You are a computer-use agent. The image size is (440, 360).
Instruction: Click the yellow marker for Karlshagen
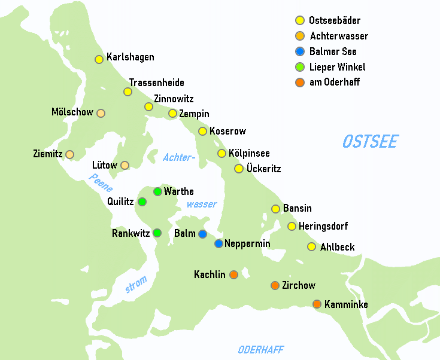(x=99, y=59)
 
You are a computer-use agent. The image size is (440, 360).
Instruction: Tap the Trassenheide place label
(x=156, y=83)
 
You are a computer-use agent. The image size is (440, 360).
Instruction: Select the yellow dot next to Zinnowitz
(x=149, y=106)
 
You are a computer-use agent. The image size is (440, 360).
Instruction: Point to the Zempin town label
(x=194, y=114)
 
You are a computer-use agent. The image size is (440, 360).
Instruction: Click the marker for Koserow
(x=202, y=131)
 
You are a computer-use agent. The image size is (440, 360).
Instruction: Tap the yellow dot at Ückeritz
(x=239, y=169)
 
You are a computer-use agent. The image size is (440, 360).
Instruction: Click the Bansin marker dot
(x=276, y=209)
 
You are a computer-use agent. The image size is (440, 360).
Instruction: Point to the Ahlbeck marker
(x=311, y=246)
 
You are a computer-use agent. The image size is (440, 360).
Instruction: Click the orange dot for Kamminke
(x=317, y=304)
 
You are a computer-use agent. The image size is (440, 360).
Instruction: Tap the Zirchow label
(x=298, y=286)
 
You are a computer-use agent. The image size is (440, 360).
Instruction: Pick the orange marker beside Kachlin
(x=233, y=274)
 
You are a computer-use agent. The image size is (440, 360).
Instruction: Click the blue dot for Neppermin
(x=219, y=243)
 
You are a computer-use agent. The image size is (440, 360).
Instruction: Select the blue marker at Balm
(x=203, y=234)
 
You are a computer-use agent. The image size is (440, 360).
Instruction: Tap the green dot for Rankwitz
(x=157, y=233)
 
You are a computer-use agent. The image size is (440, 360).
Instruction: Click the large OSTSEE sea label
(x=370, y=142)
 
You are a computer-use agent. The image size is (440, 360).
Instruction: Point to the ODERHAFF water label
(x=260, y=350)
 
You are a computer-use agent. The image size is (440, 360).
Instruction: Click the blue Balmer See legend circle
(x=300, y=51)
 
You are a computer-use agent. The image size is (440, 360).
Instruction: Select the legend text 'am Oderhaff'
(x=334, y=83)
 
